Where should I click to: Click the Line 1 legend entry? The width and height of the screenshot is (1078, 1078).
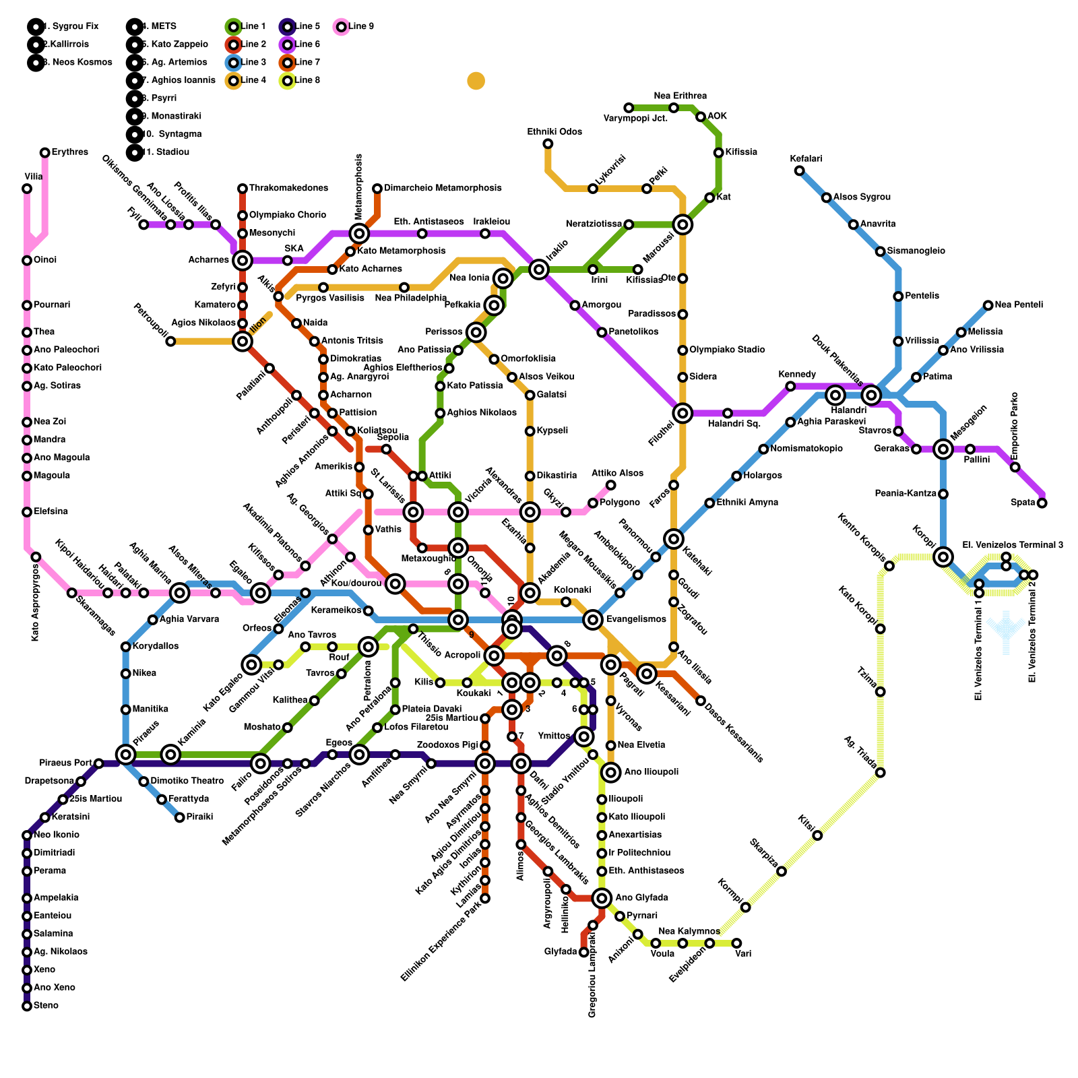pyautogui.click(x=247, y=27)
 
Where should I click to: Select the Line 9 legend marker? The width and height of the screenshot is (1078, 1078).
pyautogui.click(x=341, y=27)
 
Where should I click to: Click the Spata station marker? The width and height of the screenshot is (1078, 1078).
pyautogui.click(x=1042, y=503)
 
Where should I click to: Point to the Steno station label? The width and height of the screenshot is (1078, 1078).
pyautogui.click(x=46, y=1006)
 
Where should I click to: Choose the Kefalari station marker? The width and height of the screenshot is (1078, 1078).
pyautogui.click(x=799, y=170)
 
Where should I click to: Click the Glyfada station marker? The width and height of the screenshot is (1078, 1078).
pyautogui.click(x=583, y=952)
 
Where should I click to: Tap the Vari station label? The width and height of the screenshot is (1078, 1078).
pyautogui.click(x=743, y=954)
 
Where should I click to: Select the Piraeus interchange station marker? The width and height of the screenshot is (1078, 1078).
pyautogui.click(x=125, y=755)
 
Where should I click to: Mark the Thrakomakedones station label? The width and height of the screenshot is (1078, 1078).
pyautogui.click(x=288, y=188)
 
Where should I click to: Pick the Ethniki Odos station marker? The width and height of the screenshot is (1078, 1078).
pyautogui.click(x=548, y=144)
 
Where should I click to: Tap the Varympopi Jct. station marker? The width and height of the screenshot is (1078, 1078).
pyautogui.click(x=629, y=108)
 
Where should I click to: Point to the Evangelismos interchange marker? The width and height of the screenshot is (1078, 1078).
pyautogui.click(x=593, y=620)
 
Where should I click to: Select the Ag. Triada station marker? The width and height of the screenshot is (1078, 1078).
pyautogui.click(x=880, y=772)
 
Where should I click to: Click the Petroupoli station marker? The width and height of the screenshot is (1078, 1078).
pyautogui.click(x=170, y=342)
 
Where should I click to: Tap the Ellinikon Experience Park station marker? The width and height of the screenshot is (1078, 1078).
pyautogui.click(x=485, y=898)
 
